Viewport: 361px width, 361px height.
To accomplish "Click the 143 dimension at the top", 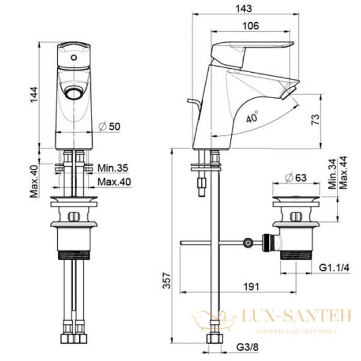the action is (x=244, y=9).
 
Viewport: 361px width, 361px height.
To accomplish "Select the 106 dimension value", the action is (x=251, y=26).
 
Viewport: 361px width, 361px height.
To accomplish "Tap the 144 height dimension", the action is (x=34, y=95).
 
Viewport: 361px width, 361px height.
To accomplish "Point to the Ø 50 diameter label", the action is (x=110, y=126).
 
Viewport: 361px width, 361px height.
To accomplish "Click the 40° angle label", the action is (x=252, y=117).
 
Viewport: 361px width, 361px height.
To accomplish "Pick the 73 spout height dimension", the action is (x=315, y=120).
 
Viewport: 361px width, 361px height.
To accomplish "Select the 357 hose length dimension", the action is (x=167, y=280).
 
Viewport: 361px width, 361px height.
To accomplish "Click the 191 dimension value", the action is (x=251, y=287).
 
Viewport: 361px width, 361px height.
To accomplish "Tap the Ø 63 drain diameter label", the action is (x=296, y=177).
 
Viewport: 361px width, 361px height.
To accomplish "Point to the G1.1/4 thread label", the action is (x=335, y=268).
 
